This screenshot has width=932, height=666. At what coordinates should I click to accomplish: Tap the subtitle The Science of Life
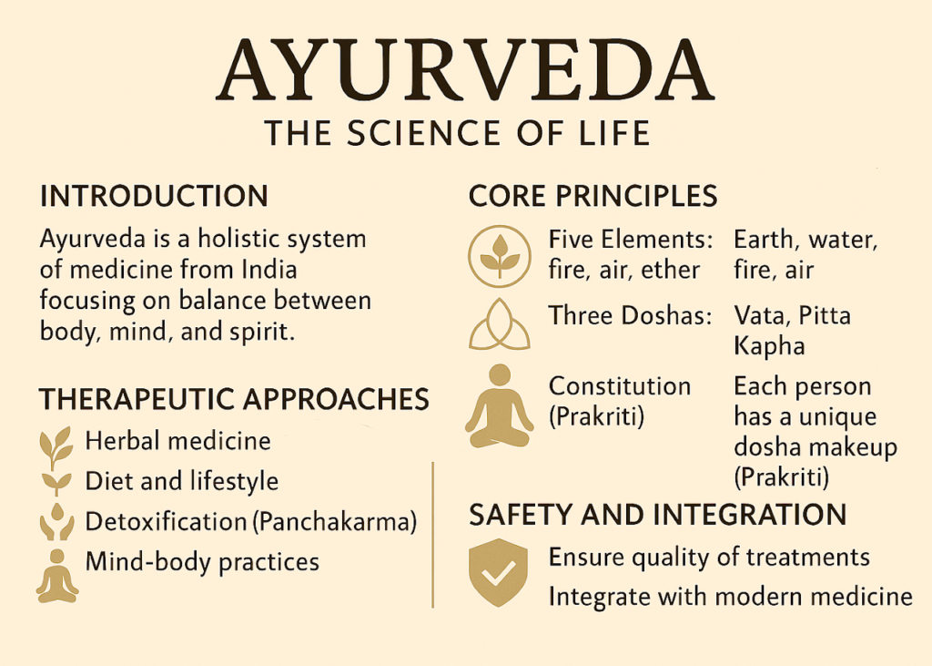(x=457, y=133)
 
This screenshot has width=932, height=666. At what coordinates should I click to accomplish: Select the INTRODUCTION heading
(x=154, y=196)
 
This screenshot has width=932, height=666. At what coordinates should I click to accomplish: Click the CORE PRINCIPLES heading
(x=593, y=196)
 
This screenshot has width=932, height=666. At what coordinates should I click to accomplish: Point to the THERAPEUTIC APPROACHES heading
(x=234, y=399)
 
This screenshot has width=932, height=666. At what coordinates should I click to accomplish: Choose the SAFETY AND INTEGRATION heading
(x=657, y=516)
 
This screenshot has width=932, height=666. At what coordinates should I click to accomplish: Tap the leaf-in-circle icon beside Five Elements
(x=499, y=253)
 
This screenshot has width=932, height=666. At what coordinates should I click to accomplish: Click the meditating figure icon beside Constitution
(x=499, y=406)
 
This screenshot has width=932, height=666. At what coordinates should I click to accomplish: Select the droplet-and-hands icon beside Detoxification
(x=56, y=523)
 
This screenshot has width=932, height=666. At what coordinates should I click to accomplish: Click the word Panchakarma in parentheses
(x=335, y=522)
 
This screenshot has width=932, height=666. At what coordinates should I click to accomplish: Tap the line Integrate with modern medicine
(x=730, y=597)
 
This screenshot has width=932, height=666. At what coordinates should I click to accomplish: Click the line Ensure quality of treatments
(x=709, y=557)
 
